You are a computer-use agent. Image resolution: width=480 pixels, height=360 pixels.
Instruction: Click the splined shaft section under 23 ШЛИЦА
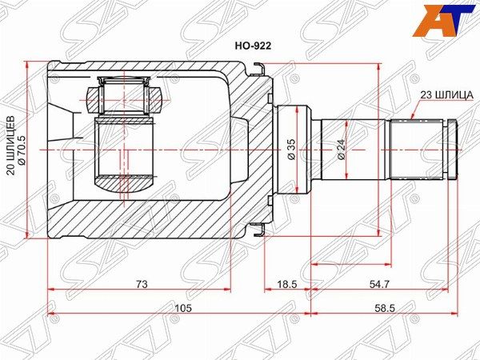pyautogui.click(x=416, y=149)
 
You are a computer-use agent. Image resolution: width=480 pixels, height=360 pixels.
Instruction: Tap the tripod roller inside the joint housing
pyautogui.click(x=124, y=96)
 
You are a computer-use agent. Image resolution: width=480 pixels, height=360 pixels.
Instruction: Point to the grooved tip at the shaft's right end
pyautogui.click(x=452, y=149)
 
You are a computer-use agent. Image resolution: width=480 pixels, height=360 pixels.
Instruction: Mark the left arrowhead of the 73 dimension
pyautogui.click(x=51, y=288)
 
